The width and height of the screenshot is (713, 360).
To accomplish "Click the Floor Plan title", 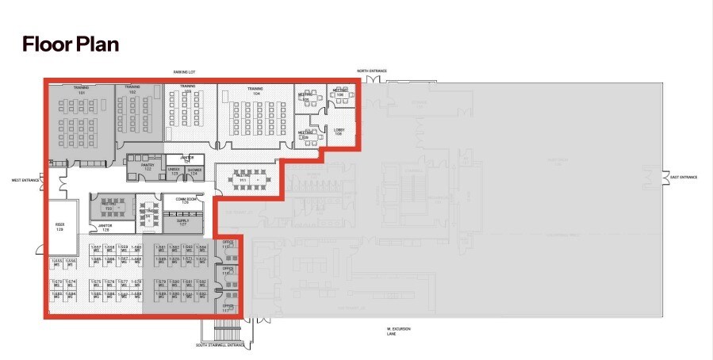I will point(71,44).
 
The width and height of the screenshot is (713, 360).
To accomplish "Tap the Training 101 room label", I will point(80,90).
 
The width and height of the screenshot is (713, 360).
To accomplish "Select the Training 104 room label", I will point(255,90).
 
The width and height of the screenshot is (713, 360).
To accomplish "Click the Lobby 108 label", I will point(338,130).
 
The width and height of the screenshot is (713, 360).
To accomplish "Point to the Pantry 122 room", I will point(148,167).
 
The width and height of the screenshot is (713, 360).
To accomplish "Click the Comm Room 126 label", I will point(182,201).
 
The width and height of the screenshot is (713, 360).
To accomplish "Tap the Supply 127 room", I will point(182,223).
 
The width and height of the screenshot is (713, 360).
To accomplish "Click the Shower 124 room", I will point(195,170).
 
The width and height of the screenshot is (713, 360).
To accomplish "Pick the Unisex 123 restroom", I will point(174,170).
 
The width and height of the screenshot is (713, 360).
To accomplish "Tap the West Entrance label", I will point(25,180).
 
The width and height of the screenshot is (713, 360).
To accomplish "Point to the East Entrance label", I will point(683,177).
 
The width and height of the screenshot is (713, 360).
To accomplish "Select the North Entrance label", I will point(371,71).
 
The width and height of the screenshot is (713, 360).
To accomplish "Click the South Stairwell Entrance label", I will point(223,346).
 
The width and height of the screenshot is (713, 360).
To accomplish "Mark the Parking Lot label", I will point(184,71).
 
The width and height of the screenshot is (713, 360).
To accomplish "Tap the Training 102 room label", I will point(132,90).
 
